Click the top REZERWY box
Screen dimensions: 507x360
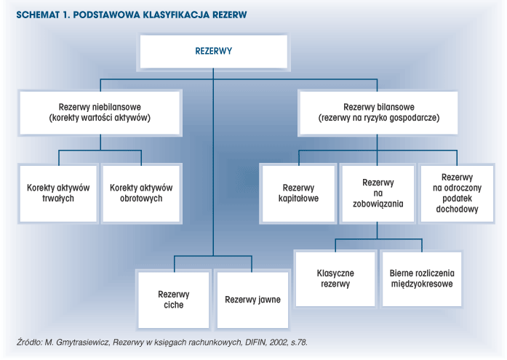(213, 52)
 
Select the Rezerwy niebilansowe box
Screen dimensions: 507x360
(100, 113)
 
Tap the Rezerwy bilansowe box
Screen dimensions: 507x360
(379, 113)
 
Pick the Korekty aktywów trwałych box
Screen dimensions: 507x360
(58, 193)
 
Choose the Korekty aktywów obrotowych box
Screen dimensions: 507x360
(141, 193)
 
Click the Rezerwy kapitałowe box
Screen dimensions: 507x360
(298, 193)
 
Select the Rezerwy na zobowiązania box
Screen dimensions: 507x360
(378, 193)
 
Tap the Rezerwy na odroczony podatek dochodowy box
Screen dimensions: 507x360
(458, 193)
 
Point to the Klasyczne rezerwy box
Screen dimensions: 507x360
(335, 279)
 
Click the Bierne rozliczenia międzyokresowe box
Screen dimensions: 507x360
(422, 279)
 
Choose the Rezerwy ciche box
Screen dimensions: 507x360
(174, 300)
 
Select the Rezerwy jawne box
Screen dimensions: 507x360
(252, 300)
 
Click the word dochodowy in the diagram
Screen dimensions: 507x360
(457, 209)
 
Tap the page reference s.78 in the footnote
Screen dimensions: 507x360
(299, 342)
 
